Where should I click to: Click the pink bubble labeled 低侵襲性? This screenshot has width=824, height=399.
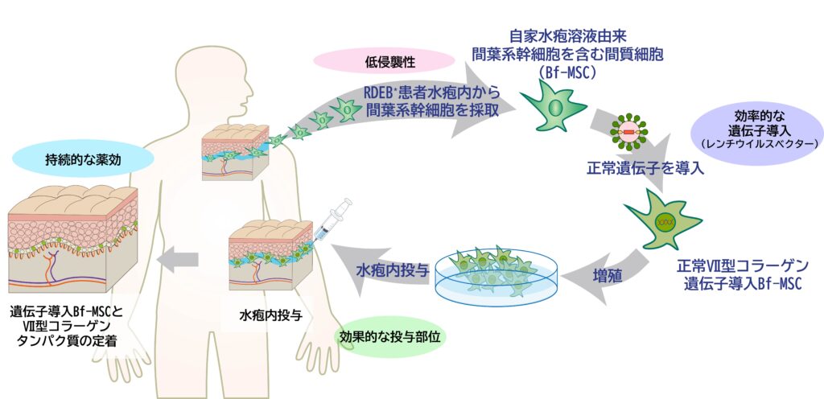385,61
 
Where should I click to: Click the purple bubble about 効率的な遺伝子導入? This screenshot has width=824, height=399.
759,128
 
